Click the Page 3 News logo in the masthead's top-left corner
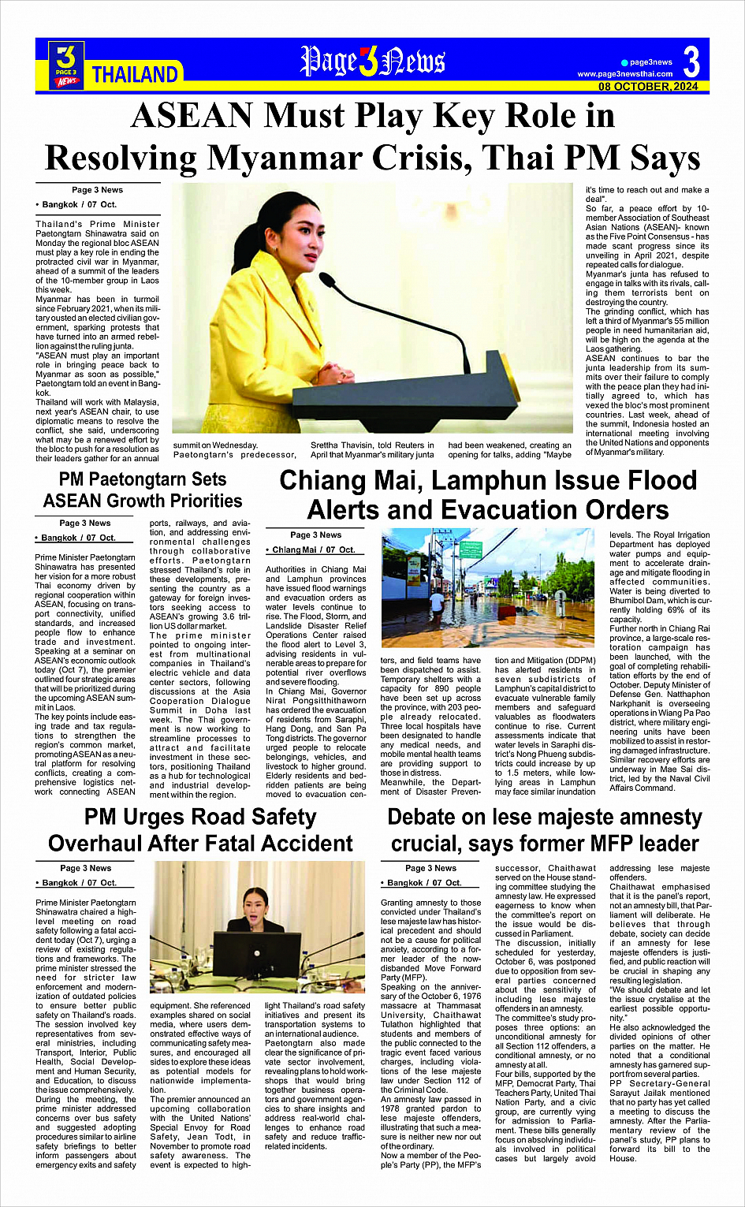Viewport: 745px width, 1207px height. pyautogui.click(x=66, y=65)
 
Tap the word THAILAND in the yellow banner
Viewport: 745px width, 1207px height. pyautogui.click(x=135, y=75)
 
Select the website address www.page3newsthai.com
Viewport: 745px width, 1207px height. pyautogui.click(x=625, y=74)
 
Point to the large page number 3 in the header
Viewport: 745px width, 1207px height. pyautogui.click(x=691, y=62)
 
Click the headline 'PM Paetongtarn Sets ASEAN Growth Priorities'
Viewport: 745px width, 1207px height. pyautogui.click(x=143, y=490)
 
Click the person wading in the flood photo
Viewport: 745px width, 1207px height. pyautogui.click(x=436, y=603)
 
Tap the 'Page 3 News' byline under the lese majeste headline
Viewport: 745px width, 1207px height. pyautogui.click(x=430, y=868)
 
